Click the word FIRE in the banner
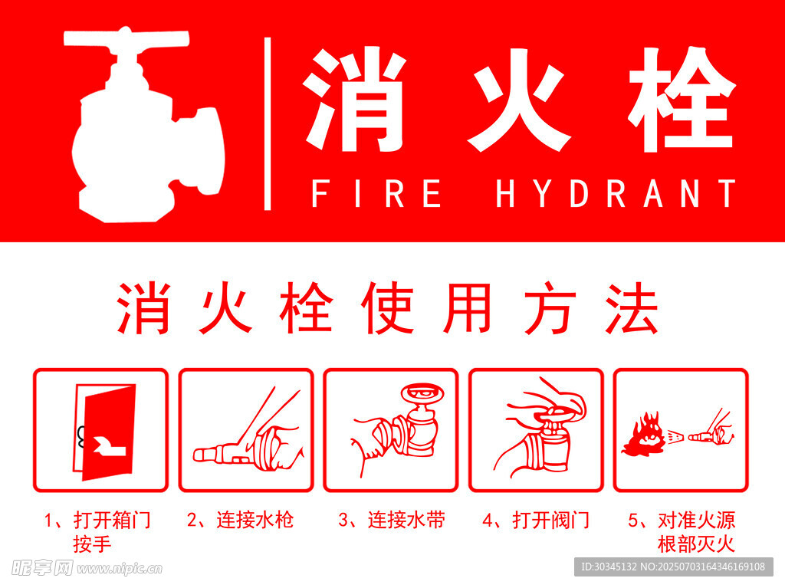[376, 193]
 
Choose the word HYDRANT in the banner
[616, 193]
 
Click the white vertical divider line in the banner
[268, 123]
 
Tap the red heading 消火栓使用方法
[387, 308]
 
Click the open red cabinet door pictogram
[104, 432]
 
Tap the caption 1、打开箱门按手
[97, 532]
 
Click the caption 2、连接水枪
[240, 521]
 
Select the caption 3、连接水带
[392, 521]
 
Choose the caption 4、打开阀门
[536, 521]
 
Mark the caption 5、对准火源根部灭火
[682, 532]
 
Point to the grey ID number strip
[674, 567]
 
